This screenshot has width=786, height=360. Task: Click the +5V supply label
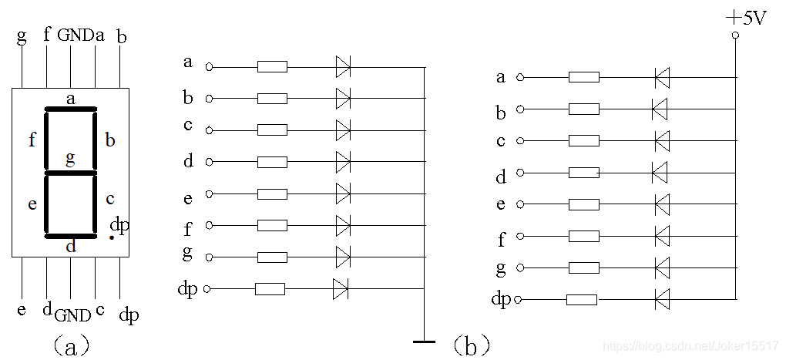tap(747, 20)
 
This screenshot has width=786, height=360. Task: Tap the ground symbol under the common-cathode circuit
tap(424, 341)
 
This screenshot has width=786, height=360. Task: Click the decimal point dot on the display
tap(112, 237)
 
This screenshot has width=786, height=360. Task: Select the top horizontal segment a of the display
tap(71, 108)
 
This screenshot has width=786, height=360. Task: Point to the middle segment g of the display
tap(71, 173)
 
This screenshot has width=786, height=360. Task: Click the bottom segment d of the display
tap(71, 236)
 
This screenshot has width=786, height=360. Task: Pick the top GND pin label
tap(76, 35)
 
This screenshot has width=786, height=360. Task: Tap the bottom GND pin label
tap(73, 315)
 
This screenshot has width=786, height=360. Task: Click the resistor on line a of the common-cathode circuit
tap(272, 67)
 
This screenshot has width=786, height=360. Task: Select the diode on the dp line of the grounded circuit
tap(341, 289)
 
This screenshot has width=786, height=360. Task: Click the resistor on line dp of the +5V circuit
tap(582, 300)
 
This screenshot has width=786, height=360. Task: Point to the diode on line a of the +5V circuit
tap(662, 78)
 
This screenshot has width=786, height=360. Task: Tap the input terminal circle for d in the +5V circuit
tap(520, 173)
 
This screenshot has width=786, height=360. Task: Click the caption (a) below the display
tap(71, 346)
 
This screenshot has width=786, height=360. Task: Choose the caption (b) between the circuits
tap(471, 346)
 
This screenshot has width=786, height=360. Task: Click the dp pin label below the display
tap(129, 315)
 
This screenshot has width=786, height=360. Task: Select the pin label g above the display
tap(22, 37)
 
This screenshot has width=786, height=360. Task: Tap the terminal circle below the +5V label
tap(735, 35)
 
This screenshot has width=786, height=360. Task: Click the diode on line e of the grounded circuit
tap(343, 193)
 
